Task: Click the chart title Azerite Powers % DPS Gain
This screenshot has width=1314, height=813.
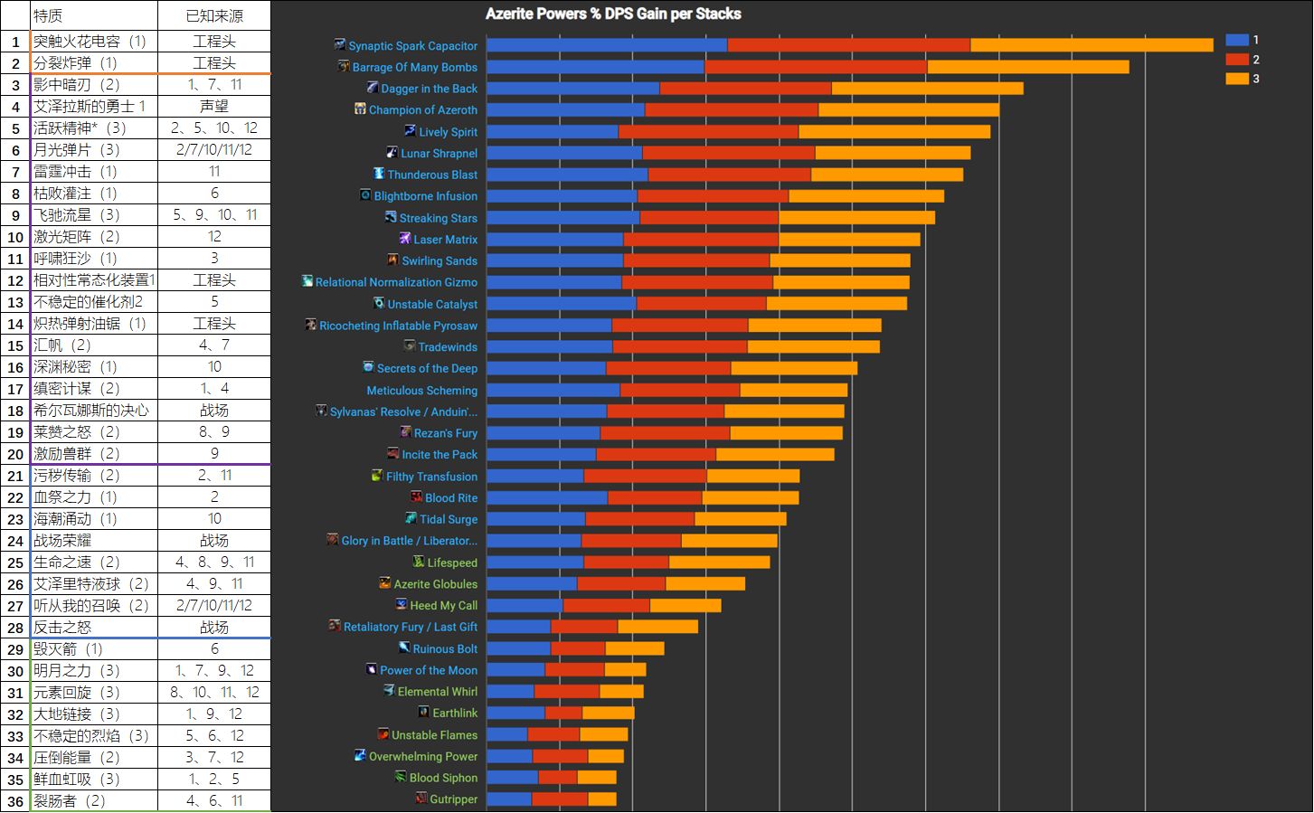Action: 613,14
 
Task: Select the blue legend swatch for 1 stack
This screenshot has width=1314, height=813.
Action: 1236,40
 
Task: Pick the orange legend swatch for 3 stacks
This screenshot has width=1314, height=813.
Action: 1236,79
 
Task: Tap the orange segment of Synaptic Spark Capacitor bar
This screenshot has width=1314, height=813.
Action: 1092,45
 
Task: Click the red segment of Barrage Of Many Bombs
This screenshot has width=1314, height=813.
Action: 816,67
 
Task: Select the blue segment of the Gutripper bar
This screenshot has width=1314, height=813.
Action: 509,799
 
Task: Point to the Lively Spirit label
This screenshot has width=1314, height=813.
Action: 448,132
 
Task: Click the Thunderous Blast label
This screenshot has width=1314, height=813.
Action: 432,175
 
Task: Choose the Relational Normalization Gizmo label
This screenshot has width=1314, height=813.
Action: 396,282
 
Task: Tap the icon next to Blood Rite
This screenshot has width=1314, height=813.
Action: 416,496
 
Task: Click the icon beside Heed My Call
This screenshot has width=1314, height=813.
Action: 402,604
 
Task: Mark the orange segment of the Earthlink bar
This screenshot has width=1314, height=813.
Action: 609,713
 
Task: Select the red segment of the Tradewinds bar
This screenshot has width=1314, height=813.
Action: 680,346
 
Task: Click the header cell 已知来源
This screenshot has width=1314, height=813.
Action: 214,15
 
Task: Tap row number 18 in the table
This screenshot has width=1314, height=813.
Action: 15,411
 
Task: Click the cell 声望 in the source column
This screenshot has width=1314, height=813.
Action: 214,106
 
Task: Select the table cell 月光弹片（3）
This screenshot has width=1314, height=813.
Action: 76,149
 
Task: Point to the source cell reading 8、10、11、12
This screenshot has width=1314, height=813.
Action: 214,692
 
